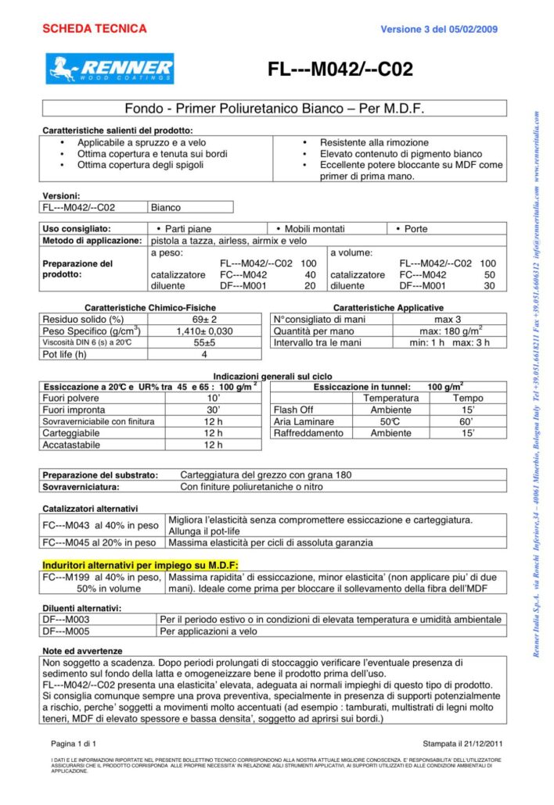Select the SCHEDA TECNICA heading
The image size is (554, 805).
pyautogui.click(x=94, y=29)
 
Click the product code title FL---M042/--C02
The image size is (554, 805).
pyautogui.click(x=340, y=70)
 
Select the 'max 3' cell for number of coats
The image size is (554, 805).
pyautogui.click(x=447, y=319)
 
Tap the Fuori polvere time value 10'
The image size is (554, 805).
pyautogui.click(x=213, y=398)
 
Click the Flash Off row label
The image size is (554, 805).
pyautogui.click(x=293, y=410)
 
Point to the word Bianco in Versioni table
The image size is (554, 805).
pyautogui.click(x=165, y=208)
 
